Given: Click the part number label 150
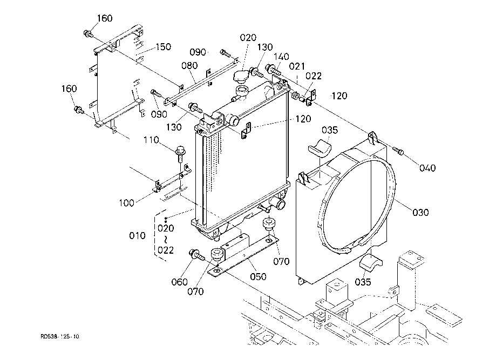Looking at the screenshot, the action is tap(163, 47).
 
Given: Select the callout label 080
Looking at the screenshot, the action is tap(189, 65).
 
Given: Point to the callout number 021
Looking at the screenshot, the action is tap(297, 66).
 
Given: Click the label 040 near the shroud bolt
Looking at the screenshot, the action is tap(427, 168).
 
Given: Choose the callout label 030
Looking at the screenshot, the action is tap(421, 212).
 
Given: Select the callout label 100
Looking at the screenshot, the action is tap(126, 203).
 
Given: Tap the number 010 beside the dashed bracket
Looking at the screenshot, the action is tap(137, 235).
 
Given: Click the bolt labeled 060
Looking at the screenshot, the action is tap(196, 255).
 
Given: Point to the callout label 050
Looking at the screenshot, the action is tap(258, 276).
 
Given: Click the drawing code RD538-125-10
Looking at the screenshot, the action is tap(60, 336).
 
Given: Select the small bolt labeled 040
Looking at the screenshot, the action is tap(398, 151).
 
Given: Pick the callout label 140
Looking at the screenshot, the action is tap(281, 57).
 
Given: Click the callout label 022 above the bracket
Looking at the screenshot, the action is tap(314, 76).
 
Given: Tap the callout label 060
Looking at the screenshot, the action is tap(179, 282).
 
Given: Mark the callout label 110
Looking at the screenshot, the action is tap(151, 140).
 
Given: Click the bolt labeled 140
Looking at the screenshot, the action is tap(273, 69).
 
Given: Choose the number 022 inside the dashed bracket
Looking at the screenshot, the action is tap(166, 250).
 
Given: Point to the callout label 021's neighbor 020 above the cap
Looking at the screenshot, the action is tap(248, 38).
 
